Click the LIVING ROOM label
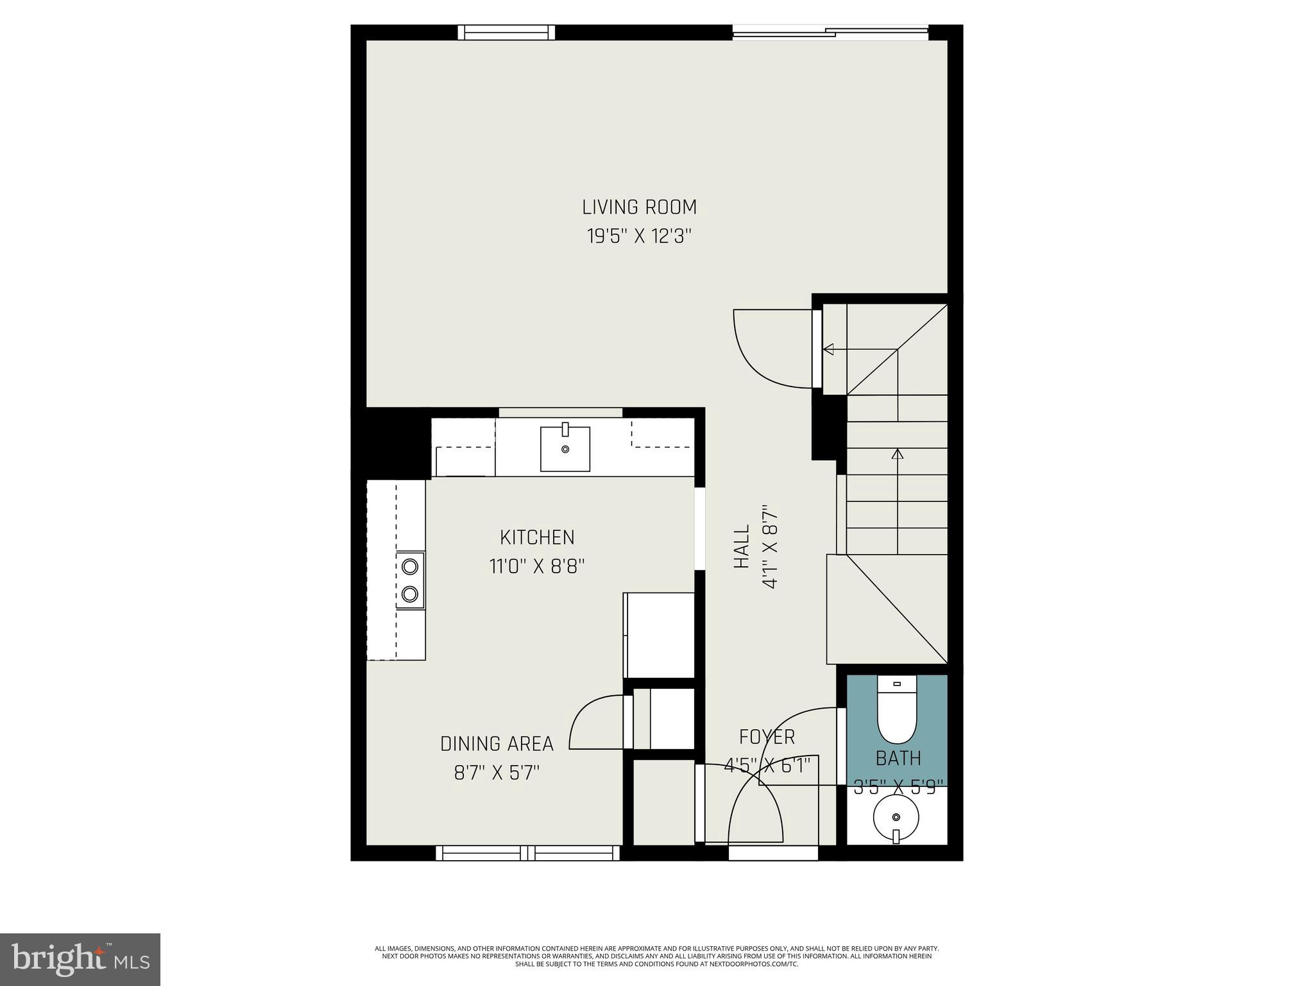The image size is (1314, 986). pyautogui.click(x=639, y=207)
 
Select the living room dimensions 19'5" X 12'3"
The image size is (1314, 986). pyautogui.click(x=639, y=236)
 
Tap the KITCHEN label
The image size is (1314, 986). pyautogui.click(x=537, y=537)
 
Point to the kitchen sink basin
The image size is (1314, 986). pyautogui.click(x=565, y=449)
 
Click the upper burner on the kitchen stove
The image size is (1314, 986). pyautogui.click(x=410, y=566)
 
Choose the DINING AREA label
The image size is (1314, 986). pyautogui.click(x=497, y=743)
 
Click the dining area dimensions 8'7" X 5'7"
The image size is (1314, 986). pyautogui.click(x=497, y=772)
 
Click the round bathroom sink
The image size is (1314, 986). pyautogui.click(x=896, y=817)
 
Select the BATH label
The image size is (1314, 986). pyautogui.click(x=898, y=758)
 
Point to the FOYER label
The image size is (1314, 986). pyautogui.click(x=767, y=736)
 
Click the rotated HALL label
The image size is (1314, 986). pyautogui.click(x=742, y=547)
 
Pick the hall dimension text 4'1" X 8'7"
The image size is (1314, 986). pyautogui.click(x=769, y=547)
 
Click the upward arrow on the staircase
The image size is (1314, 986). pyautogui.click(x=897, y=454)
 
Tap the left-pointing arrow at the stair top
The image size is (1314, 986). pyautogui.click(x=829, y=349)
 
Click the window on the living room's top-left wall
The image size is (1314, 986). pyautogui.click(x=506, y=33)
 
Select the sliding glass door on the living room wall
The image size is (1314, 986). pyautogui.click(x=830, y=32)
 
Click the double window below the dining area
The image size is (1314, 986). pyautogui.click(x=527, y=852)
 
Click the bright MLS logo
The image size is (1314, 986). pyautogui.click(x=80, y=959)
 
